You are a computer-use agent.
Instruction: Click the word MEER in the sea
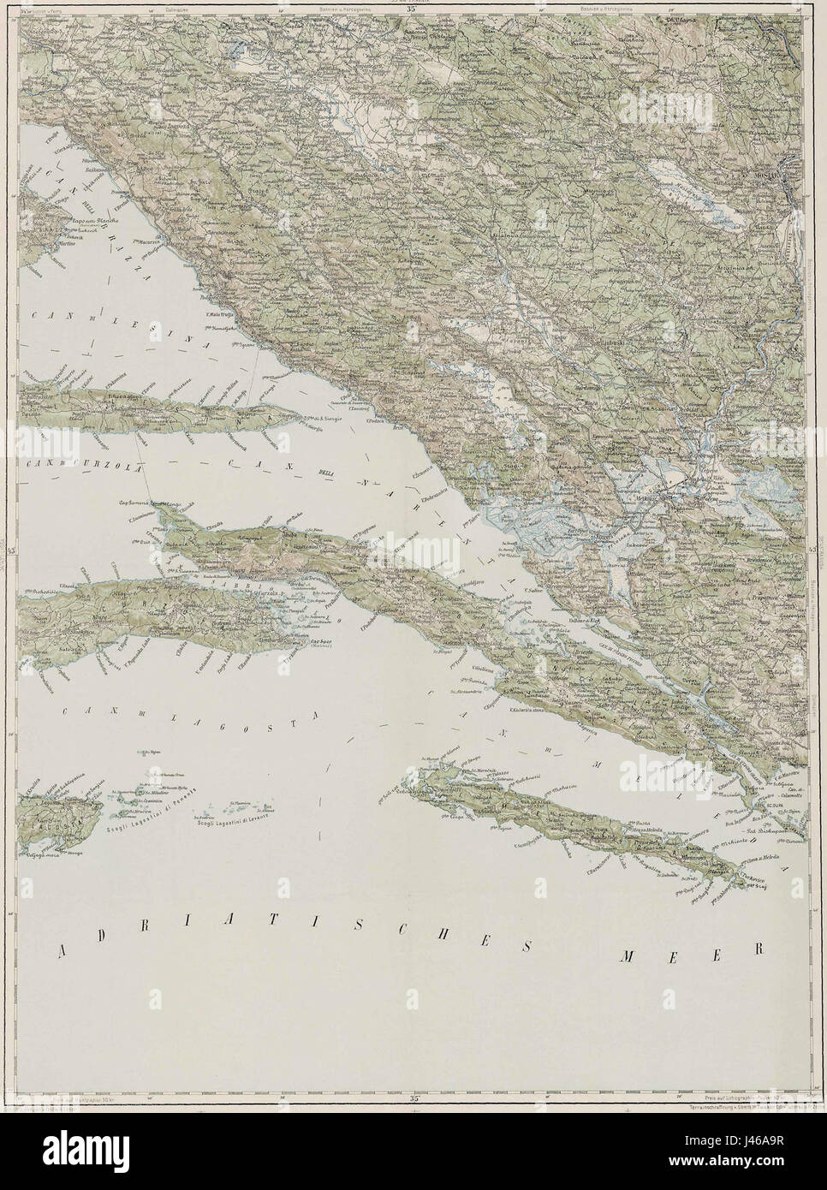tap(690, 951)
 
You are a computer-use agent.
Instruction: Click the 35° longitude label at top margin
tap(413, 9)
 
